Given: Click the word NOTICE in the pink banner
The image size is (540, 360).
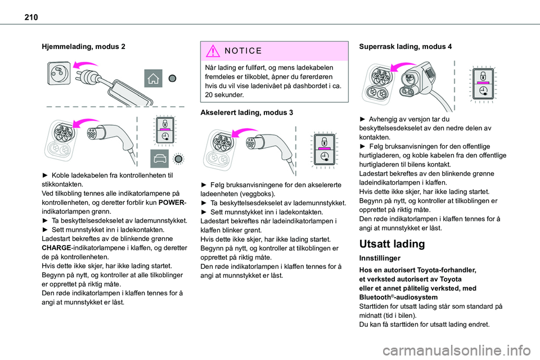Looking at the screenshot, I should (x=242, y=51).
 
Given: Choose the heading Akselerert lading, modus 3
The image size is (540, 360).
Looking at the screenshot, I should (x=247, y=112).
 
